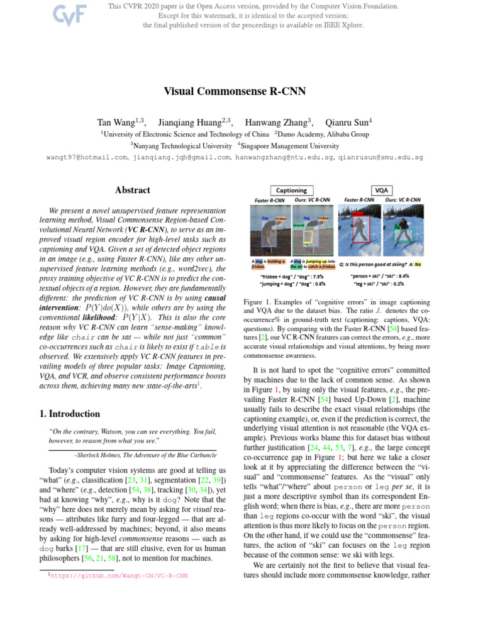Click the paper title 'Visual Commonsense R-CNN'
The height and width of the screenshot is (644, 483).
pos(235,91)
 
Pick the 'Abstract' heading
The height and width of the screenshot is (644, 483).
pos(132,190)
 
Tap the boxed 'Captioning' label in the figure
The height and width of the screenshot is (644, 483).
pos(292,191)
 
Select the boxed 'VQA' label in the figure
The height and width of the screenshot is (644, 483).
pos(380,191)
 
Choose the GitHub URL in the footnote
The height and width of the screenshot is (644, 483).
pos(120,575)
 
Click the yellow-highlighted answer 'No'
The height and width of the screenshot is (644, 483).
pos(418,264)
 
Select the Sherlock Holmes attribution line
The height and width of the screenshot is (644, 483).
pos(145,453)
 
